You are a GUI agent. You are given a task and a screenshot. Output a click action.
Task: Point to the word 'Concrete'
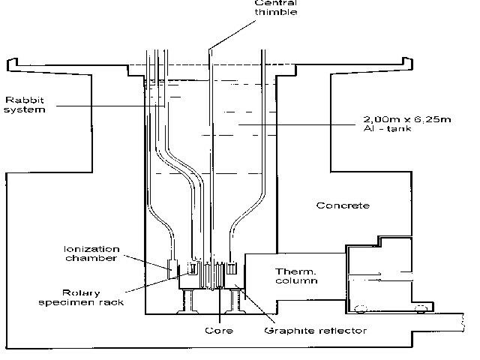tap(343, 205)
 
